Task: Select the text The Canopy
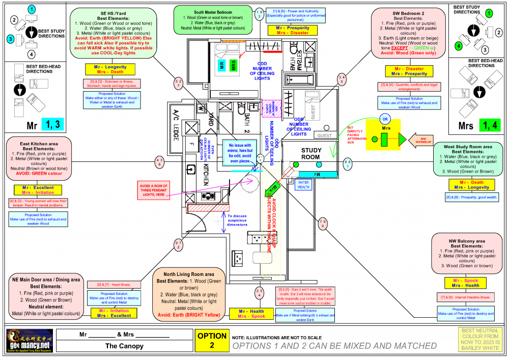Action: tap(124, 346)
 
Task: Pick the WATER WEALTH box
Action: tap(303, 184)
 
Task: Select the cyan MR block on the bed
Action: tap(222, 65)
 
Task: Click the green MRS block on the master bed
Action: tap(234, 65)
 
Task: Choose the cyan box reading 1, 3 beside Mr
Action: tap(54, 124)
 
